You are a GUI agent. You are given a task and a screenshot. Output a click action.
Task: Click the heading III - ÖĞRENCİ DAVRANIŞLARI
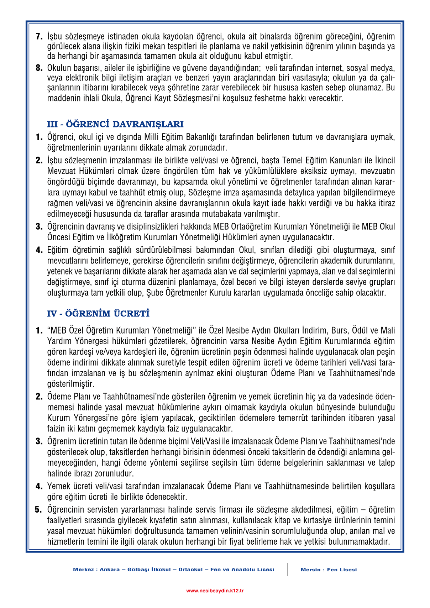tap(115, 124)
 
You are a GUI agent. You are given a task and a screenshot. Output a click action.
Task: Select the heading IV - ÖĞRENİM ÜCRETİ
tap(98, 314)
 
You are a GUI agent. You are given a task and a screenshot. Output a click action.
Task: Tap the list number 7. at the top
tap(39, 36)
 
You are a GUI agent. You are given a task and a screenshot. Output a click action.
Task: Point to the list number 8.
tap(39, 68)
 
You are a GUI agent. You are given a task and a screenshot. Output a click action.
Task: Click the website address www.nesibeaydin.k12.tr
tap(215, 591)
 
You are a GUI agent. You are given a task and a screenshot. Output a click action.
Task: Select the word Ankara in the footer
tap(110, 570)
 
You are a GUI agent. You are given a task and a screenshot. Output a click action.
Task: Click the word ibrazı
tap(80, 473)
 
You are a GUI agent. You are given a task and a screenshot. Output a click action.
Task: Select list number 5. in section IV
tap(38, 510)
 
